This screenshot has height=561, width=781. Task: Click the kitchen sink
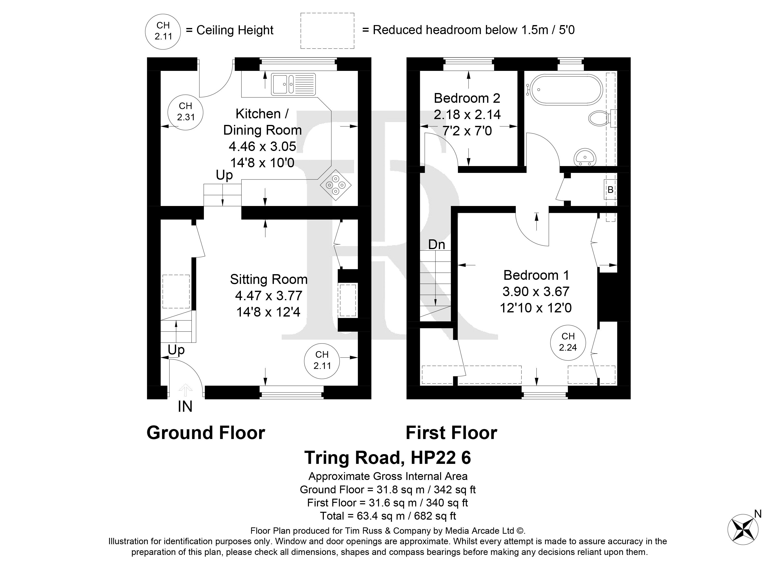pos(293,84)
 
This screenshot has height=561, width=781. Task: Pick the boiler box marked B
pos(610,189)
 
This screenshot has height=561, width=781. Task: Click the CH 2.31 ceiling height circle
pos(185,112)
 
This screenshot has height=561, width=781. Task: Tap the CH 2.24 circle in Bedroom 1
pos(568,342)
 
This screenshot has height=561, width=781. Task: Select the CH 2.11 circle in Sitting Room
pos(322,360)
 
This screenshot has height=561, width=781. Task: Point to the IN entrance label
pos(185,407)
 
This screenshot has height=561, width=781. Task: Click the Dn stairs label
pos(437,245)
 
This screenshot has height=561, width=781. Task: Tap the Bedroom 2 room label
pos(467,98)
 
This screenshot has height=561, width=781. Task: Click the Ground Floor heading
pos(206,433)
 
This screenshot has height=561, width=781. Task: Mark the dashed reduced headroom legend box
pos(327,31)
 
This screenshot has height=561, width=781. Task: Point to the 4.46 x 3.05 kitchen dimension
pos(262,146)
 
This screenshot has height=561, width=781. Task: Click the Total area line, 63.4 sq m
pos(388,516)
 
